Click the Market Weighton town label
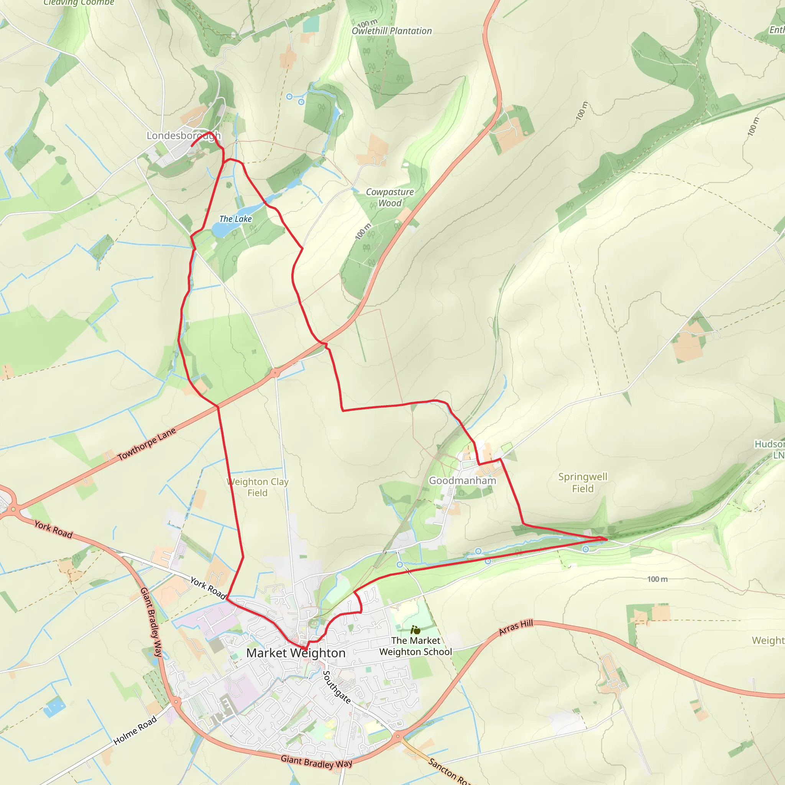(296, 653)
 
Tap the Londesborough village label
(183, 136)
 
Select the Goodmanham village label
(462, 481)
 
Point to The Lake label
(236, 219)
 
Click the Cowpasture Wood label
(390, 197)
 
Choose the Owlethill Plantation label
(392, 31)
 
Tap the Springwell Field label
(583, 483)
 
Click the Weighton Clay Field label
(258, 487)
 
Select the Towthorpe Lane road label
(147, 444)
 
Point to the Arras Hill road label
(516, 627)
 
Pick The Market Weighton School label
(415, 646)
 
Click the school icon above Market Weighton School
(415, 630)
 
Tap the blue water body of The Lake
(222, 230)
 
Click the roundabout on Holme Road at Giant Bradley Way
(176, 701)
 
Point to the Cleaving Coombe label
(79, 3)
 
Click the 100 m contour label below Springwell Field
(657, 579)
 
